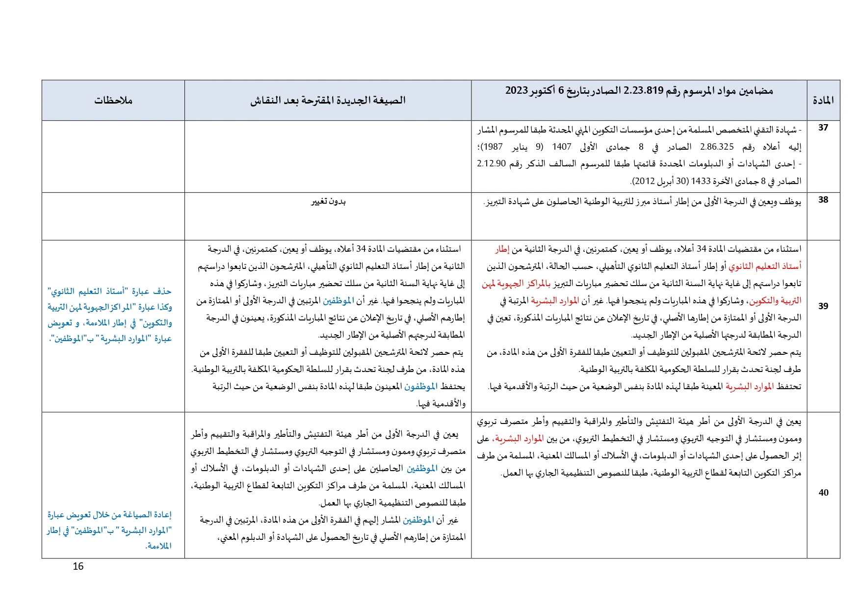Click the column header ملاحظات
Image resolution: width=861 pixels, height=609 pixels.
tap(113, 101)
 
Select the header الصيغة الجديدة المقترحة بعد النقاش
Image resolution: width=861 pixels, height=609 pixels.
tap(328, 101)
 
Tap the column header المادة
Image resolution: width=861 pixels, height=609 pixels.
tap(823, 101)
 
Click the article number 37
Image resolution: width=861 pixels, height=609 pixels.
tap(823, 128)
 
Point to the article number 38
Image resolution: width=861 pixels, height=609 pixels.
tap(823, 200)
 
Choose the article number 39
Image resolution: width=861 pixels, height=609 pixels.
tap(823, 306)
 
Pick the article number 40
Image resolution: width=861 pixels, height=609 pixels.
tap(823, 493)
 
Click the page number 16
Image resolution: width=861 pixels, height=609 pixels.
tap(78, 566)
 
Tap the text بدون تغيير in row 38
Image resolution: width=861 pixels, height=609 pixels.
tap(328, 202)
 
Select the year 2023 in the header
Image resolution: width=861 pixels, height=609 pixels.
tap(517, 91)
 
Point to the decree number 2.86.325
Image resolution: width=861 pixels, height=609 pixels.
tap(717, 147)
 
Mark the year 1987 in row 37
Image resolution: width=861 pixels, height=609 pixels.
tap(492, 147)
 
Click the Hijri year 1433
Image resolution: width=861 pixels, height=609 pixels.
tap(701, 181)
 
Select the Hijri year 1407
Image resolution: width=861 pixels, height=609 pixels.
tap(561, 147)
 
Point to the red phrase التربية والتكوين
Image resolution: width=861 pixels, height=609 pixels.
tap(775, 301)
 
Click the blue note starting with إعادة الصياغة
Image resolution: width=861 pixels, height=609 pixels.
tap(109, 530)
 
